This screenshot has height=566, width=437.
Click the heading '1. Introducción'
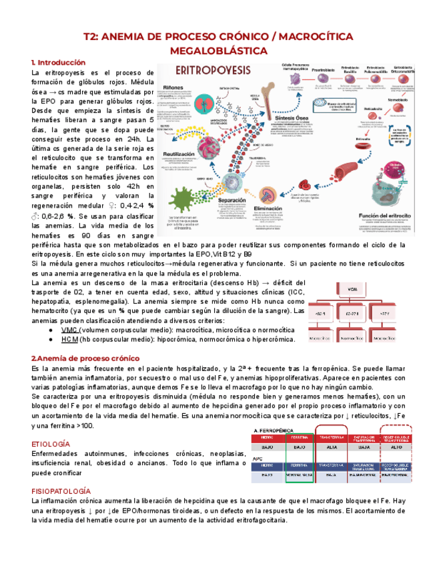(58, 62)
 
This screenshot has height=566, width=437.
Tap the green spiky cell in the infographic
(193, 195)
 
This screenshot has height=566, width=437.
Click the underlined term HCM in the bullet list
(69, 340)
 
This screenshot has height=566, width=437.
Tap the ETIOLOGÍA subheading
(50, 444)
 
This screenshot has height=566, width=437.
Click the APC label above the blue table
(258, 459)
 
